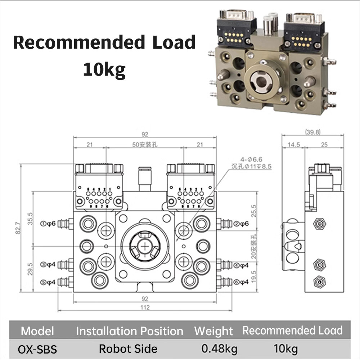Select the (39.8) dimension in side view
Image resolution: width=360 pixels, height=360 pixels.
pyautogui.click(x=312, y=132)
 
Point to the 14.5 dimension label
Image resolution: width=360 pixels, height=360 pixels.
pyautogui.click(x=293, y=145)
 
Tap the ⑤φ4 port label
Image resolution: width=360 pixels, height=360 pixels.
pyautogui.click(x=49, y=282)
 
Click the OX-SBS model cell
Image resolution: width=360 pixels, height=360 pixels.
pyautogui.click(x=37, y=348)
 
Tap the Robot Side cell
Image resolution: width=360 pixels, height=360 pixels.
pyautogui.click(x=128, y=348)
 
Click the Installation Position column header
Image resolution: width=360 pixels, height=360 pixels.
pyautogui.click(x=130, y=331)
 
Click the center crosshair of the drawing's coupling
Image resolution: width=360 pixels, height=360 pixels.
pyautogui.click(x=145, y=246)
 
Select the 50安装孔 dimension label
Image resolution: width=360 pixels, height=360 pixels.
pyautogui.click(x=145, y=145)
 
